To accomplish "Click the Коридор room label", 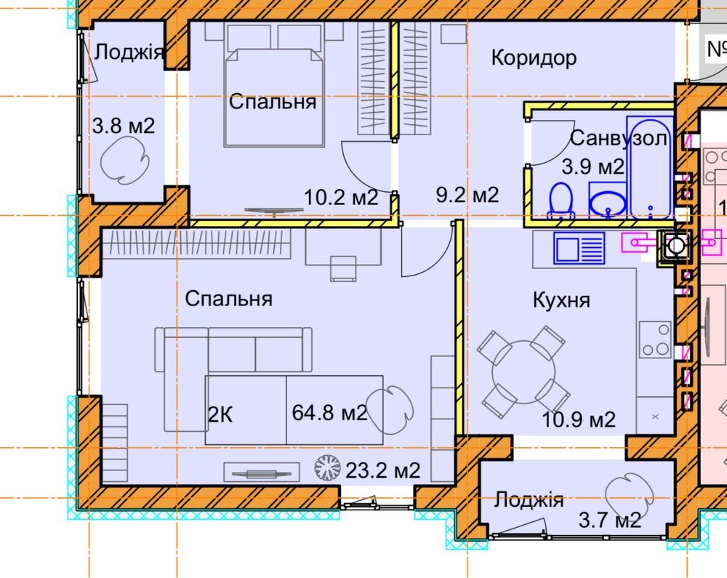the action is click(x=534, y=58).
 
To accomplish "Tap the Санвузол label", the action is click(x=619, y=138).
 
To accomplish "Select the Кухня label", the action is click(x=561, y=300).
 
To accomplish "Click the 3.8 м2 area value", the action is click(x=124, y=126).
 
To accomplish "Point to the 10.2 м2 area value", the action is click(x=341, y=198).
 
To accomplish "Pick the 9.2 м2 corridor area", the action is click(x=467, y=195).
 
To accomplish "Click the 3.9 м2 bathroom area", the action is click(x=593, y=167).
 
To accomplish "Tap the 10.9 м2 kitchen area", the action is click(x=579, y=420).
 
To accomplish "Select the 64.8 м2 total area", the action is click(x=329, y=412).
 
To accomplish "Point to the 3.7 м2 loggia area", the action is click(x=610, y=520).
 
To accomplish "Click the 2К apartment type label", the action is click(x=220, y=414).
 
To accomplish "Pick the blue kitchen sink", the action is click(x=579, y=248).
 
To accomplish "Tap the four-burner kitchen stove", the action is click(x=656, y=340).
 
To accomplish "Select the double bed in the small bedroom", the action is click(x=273, y=86).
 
